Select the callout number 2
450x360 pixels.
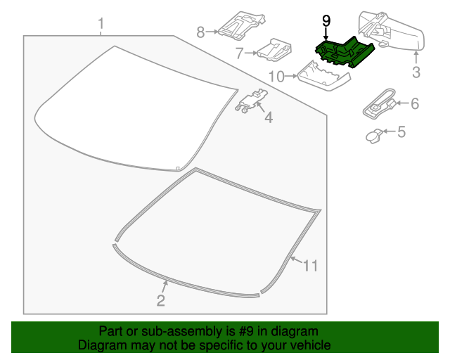pyautogui.click(x=160, y=301)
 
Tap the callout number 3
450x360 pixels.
pyautogui.click(x=416, y=72)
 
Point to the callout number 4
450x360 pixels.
pyautogui.click(x=268, y=118)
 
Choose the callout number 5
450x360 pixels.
pyautogui.click(x=401, y=131)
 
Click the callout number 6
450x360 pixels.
pyautogui.click(x=414, y=104)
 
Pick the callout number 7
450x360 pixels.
pyautogui.click(x=239, y=53)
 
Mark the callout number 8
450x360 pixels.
pyautogui.click(x=200, y=32)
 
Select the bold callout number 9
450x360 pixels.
pyautogui.click(x=326, y=21)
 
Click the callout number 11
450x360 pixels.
pyautogui.click(x=311, y=266)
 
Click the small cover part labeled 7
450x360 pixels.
pyautogui.click(x=274, y=51)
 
